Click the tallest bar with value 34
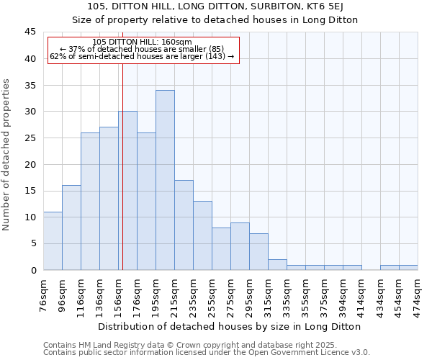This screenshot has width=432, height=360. tap(165, 180)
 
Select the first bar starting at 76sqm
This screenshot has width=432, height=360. tap(53, 240)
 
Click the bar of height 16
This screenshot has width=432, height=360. tap(71, 228)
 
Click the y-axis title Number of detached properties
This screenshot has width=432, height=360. tap(7, 155)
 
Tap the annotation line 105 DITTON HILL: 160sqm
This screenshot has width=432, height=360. tap(143, 42)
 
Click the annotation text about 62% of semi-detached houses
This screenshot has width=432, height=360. tap(142, 56)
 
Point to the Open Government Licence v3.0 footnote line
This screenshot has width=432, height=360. tap(207, 353)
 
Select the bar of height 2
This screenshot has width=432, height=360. tap(277, 264)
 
